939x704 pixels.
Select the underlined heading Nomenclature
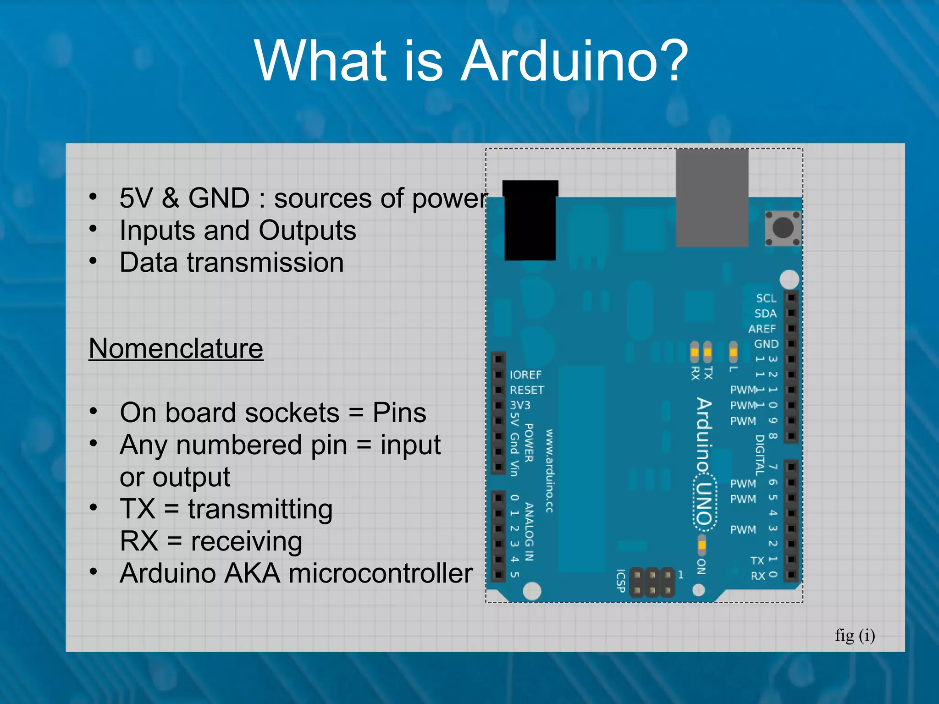point(176,349)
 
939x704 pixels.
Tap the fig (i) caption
point(855,636)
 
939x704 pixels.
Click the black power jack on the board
point(530,221)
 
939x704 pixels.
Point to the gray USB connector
point(712,197)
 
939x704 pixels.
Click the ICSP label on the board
point(620,581)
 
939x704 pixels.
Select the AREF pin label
point(762,329)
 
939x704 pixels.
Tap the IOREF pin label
point(525,375)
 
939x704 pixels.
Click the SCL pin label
point(766,298)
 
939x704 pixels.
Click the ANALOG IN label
point(529,532)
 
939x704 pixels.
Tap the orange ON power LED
point(701,545)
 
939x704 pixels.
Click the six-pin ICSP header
point(652,583)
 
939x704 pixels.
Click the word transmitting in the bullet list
point(260,510)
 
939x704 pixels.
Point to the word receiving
point(246,542)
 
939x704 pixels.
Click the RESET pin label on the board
point(527,390)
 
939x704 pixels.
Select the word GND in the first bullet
point(219,198)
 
